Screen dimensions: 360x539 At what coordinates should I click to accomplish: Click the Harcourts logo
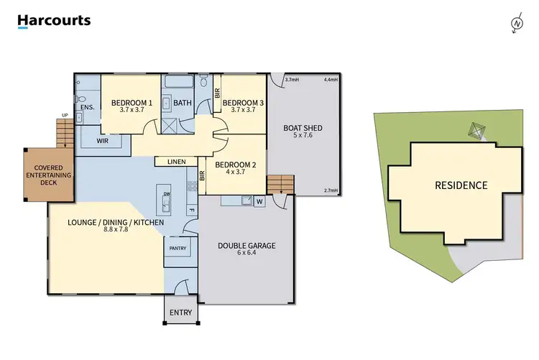pos(54,21)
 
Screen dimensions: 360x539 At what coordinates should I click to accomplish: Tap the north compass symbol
pos(515,24)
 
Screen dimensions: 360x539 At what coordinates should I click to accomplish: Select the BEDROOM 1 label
pos(132,103)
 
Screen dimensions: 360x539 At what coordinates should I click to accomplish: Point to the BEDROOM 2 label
pos(236,165)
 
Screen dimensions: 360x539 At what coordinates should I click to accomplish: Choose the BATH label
pos(183,103)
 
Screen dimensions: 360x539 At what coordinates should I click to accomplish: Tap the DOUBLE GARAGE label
pos(247,246)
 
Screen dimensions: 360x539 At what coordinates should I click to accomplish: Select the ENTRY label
pos(180,313)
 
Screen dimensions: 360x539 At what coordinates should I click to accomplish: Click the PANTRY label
pos(178,249)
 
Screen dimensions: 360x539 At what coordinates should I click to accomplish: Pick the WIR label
pos(102,142)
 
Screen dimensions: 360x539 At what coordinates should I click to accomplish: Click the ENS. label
pos(87,107)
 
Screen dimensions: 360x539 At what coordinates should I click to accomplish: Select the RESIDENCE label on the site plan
pos(461,185)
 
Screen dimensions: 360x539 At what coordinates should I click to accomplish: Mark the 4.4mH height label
pos(331,79)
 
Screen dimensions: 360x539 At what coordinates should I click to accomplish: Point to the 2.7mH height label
pos(331,190)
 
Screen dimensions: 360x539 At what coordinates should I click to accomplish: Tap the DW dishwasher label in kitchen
pos(166,193)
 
